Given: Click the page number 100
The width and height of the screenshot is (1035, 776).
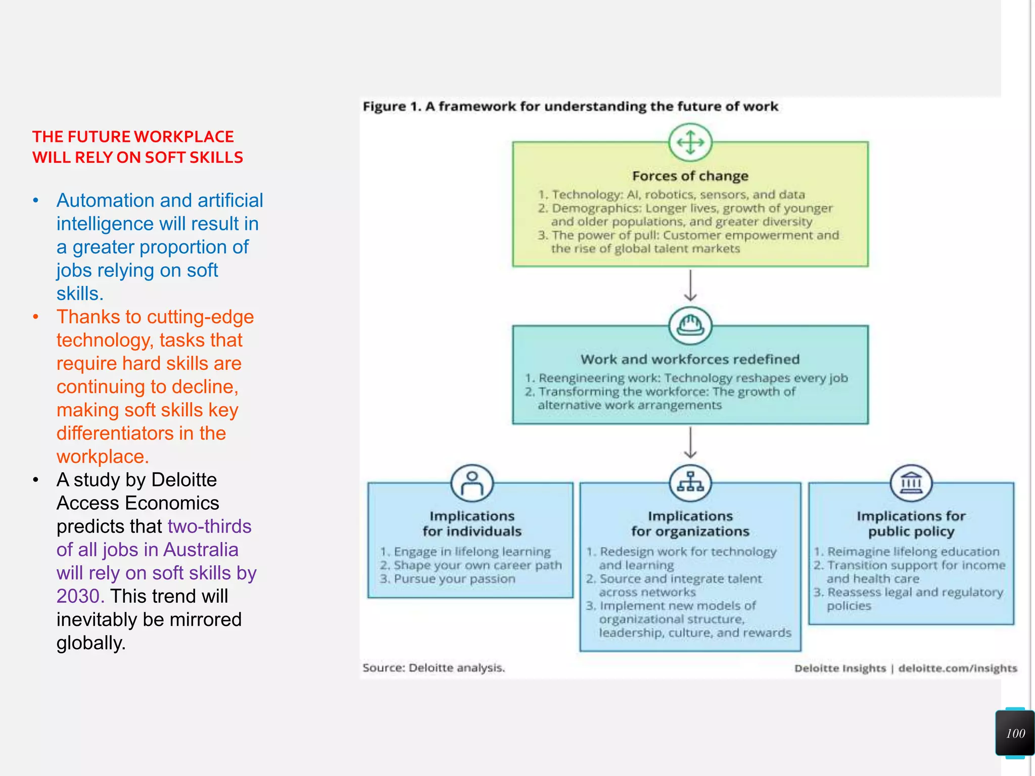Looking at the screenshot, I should (x=1015, y=733).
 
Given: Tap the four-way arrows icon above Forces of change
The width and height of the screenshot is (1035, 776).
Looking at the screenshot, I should (x=690, y=142).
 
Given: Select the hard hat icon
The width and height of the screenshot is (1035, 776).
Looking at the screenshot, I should (x=690, y=325).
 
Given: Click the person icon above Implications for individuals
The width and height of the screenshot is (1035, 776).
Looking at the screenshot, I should (x=472, y=483).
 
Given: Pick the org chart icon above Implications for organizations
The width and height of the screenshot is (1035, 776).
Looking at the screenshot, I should (x=690, y=483).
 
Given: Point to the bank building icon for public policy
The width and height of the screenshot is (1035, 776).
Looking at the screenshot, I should (x=911, y=483).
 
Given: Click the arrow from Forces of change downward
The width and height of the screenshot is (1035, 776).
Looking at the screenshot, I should (x=690, y=285).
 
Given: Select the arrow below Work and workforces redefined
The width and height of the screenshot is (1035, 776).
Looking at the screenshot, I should (x=690, y=443).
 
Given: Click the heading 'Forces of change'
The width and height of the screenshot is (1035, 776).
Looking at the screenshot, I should (x=690, y=176).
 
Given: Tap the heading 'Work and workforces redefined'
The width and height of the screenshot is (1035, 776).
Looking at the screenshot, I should (x=690, y=359).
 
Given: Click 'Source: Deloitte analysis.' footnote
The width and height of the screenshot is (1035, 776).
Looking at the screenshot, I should (x=434, y=668).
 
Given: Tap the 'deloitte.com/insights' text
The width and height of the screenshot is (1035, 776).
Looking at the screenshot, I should (x=957, y=668).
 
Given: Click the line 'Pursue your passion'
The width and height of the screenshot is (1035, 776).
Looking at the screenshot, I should (x=454, y=579).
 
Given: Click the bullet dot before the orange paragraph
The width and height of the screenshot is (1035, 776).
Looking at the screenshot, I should (x=35, y=317).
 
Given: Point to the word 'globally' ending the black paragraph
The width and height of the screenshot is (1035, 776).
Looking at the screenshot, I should (x=90, y=643).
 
